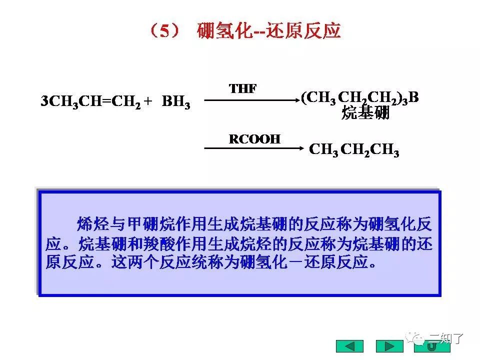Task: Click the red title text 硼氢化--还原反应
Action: pyautogui.click(x=268, y=31)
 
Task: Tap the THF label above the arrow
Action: pyautogui.click(x=243, y=89)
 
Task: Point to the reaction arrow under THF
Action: pyautogui.click(x=250, y=100)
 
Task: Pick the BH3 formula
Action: pyautogui.click(x=176, y=102)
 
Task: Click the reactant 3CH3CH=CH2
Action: pyautogui.click(x=90, y=102)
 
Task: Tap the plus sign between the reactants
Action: pyautogui.click(x=147, y=101)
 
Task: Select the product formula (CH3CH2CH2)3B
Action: pyautogui.click(x=359, y=97)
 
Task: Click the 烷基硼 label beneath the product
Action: pyautogui.click(x=365, y=113)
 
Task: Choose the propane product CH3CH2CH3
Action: pyautogui.click(x=354, y=150)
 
